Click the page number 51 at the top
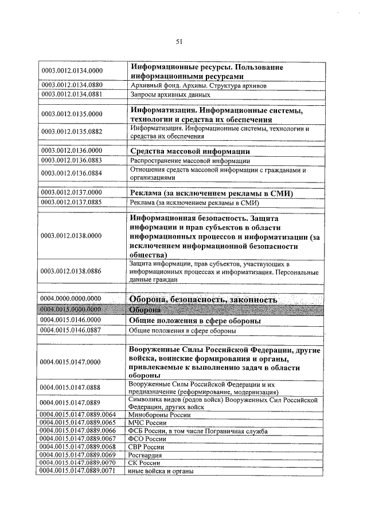pos(179,41)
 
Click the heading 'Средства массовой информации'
pos(190,151)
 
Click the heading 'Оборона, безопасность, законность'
pos(204,299)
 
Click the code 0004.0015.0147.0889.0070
pos(80,462)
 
